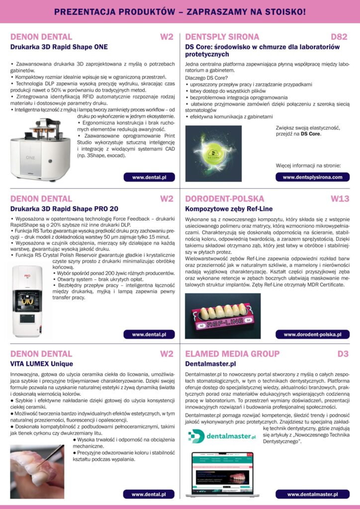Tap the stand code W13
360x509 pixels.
[x=340, y=199]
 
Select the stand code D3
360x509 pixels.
[x=343, y=354]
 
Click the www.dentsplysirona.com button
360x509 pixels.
[x=312, y=177]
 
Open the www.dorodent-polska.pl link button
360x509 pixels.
[x=312, y=335]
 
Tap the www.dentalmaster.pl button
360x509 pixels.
[x=312, y=494]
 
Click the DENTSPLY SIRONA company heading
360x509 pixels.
[x=222, y=37]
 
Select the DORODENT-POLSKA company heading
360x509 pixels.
[x=224, y=199]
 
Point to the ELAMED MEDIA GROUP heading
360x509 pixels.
[x=232, y=354]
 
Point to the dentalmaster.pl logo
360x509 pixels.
[x=222, y=435]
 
